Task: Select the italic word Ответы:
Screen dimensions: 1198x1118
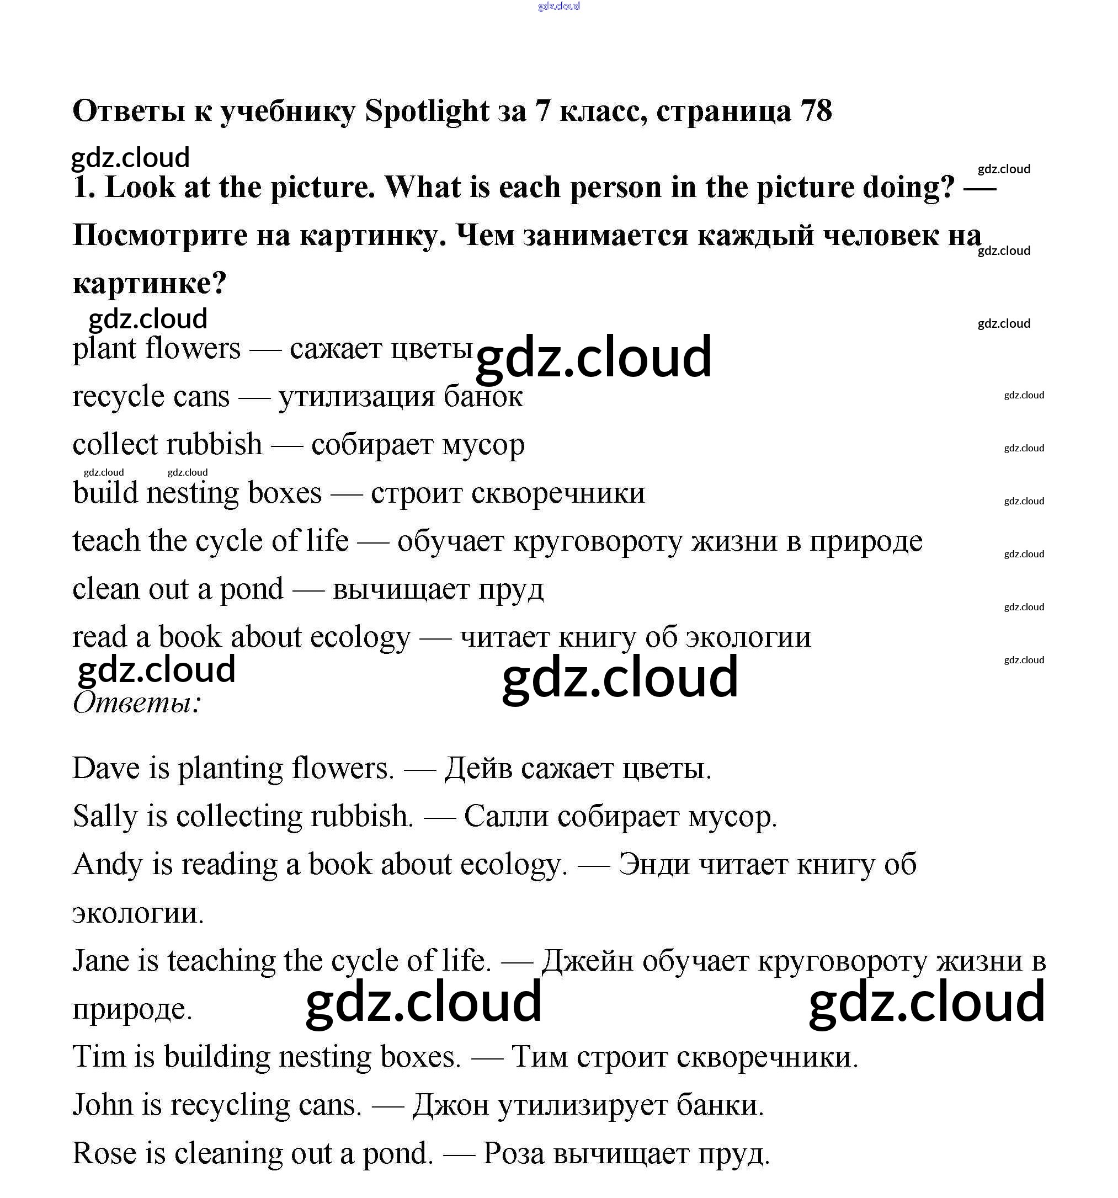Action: tap(136, 702)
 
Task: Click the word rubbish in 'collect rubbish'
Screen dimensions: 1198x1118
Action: tap(215, 445)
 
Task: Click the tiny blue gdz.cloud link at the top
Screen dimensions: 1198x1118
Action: tap(558, 6)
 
